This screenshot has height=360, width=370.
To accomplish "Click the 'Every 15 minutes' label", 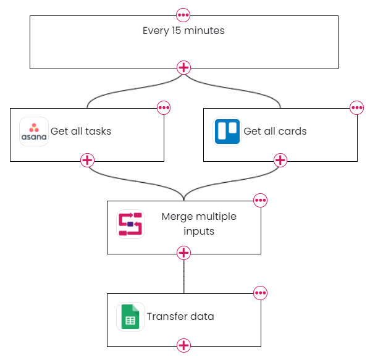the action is point(183,31).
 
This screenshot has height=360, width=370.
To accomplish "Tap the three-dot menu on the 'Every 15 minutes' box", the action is point(183,15).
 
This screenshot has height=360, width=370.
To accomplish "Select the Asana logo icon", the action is point(34,132).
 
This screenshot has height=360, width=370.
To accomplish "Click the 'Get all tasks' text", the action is point(81,131).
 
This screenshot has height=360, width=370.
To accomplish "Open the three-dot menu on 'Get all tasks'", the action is point(164,108).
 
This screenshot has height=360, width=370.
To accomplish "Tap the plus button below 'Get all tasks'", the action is point(87,161).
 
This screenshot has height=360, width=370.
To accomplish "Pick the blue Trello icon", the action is point(227,132).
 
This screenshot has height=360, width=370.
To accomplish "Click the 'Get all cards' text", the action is point(275,131).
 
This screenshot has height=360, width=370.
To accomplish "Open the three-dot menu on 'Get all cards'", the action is point(357,108).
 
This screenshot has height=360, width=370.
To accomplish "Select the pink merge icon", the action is point(130,224).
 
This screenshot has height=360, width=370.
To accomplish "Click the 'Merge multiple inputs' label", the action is point(199,224).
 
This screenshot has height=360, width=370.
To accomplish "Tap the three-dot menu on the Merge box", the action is point(260,200).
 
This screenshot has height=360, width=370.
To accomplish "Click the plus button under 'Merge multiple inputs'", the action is point(183,253).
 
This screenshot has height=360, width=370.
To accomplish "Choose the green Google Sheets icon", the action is point(130,317).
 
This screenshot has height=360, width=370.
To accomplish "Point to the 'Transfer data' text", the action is point(180,316).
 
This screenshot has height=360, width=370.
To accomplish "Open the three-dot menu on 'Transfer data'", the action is point(260,293).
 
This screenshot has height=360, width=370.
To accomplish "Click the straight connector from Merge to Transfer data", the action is point(183,277).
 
